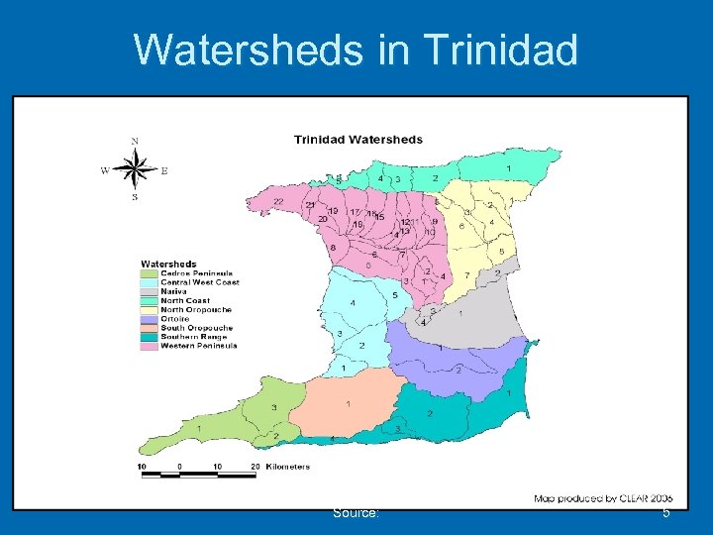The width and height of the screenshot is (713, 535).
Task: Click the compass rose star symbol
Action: point(135,169)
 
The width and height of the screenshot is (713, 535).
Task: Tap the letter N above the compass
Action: point(135,141)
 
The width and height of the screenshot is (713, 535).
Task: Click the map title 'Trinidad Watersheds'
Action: point(357,140)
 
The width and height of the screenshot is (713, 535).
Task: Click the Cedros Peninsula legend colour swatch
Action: point(149,273)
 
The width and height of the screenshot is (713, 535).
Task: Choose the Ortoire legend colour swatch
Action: point(149,318)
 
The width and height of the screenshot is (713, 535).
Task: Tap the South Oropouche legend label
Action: point(196,327)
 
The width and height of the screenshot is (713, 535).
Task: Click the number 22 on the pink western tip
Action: point(278,201)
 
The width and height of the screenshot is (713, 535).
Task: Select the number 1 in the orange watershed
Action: point(348,404)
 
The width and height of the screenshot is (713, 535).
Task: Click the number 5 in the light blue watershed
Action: point(395,295)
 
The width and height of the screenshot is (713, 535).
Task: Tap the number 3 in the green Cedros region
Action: point(273,407)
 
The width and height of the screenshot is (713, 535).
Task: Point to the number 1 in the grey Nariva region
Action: point(458,313)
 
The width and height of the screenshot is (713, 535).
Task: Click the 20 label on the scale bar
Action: point(255,467)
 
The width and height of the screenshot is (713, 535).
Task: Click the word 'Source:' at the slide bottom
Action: point(357,512)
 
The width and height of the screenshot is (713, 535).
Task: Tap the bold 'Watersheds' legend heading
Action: point(167,264)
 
